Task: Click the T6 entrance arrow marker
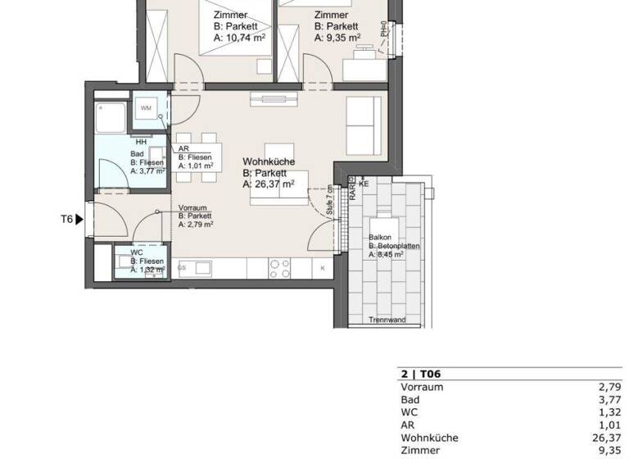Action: pos(79,219)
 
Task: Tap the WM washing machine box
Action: pos(146,108)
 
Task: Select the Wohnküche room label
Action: pos(269,162)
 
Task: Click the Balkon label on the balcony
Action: pos(380,236)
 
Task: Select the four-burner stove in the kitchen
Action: pos(279,267)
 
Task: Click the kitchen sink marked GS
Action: pos(203,267)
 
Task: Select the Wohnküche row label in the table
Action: pos(429,438)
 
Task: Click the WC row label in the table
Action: pos(410,412)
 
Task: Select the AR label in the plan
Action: pos(183,148)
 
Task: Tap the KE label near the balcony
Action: pos(364,184)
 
